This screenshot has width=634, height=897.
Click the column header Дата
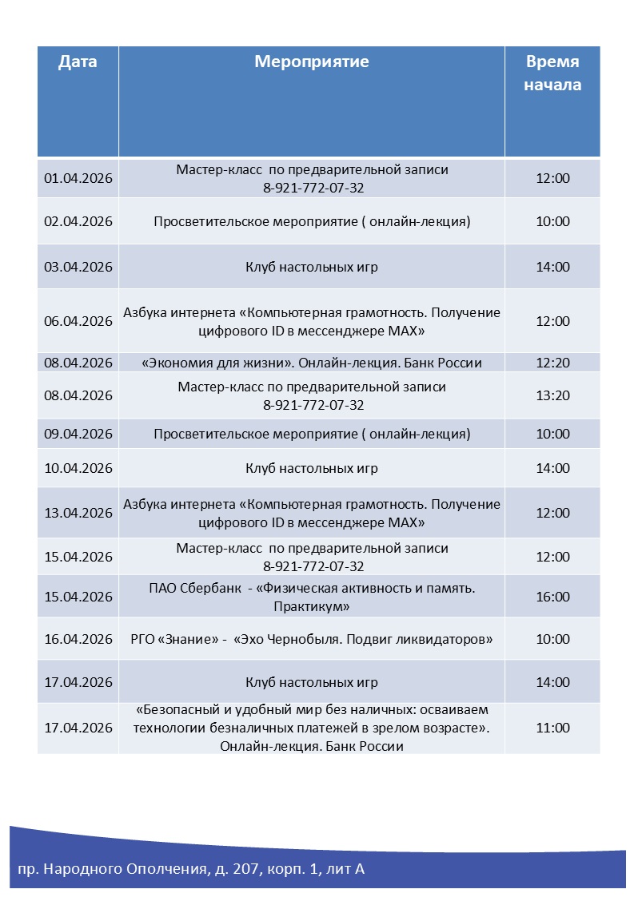78,62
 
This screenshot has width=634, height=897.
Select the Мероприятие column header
312,62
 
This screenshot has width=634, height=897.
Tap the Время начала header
552,73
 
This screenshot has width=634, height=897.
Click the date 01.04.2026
78,178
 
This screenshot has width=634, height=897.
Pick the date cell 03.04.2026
78,267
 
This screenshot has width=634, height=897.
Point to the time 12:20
552,363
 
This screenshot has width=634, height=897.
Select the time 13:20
552,395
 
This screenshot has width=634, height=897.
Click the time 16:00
552,597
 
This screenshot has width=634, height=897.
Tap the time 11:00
552,728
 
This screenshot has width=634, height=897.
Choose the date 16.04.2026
78,639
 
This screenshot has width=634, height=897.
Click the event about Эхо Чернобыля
312,639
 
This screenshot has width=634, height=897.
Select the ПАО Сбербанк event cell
312,597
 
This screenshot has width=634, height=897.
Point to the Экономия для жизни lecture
312,363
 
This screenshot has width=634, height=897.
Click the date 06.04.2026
78,321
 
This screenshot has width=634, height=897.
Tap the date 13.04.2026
78,513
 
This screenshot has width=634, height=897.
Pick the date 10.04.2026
78,468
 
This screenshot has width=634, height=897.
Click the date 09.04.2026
78,434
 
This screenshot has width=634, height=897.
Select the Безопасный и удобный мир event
312,728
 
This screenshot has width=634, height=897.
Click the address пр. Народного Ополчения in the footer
191,868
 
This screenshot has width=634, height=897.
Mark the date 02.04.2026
78,221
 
